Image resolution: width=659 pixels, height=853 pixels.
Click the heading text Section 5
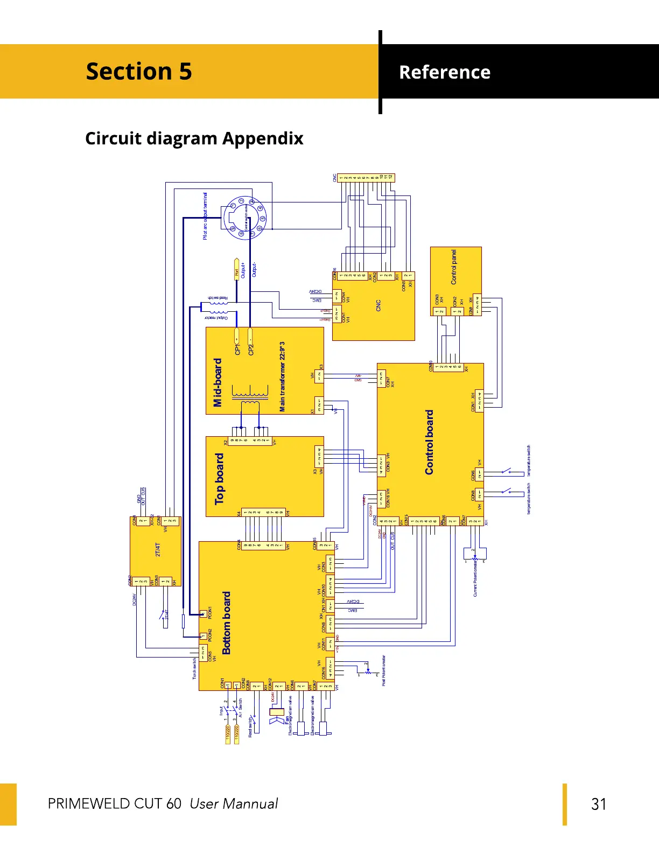139,72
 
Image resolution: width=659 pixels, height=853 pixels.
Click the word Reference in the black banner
445,72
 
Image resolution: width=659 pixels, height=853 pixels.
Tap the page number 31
599,804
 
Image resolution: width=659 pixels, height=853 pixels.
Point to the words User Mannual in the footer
234,804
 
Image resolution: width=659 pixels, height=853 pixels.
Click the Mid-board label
218,382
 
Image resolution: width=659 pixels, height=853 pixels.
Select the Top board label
219,479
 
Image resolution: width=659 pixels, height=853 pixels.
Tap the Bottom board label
227,623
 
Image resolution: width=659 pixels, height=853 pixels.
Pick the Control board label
429,442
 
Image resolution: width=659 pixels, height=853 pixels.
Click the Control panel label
454,267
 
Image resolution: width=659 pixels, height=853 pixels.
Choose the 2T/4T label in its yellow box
158,549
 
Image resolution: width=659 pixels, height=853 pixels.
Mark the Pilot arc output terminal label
205,216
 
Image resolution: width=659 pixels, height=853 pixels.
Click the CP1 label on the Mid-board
237,349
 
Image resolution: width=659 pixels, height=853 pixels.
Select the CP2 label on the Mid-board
251,349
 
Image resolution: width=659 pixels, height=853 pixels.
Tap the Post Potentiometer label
384,670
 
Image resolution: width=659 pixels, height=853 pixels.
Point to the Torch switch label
194,668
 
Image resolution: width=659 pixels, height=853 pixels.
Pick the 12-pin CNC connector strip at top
366,177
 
